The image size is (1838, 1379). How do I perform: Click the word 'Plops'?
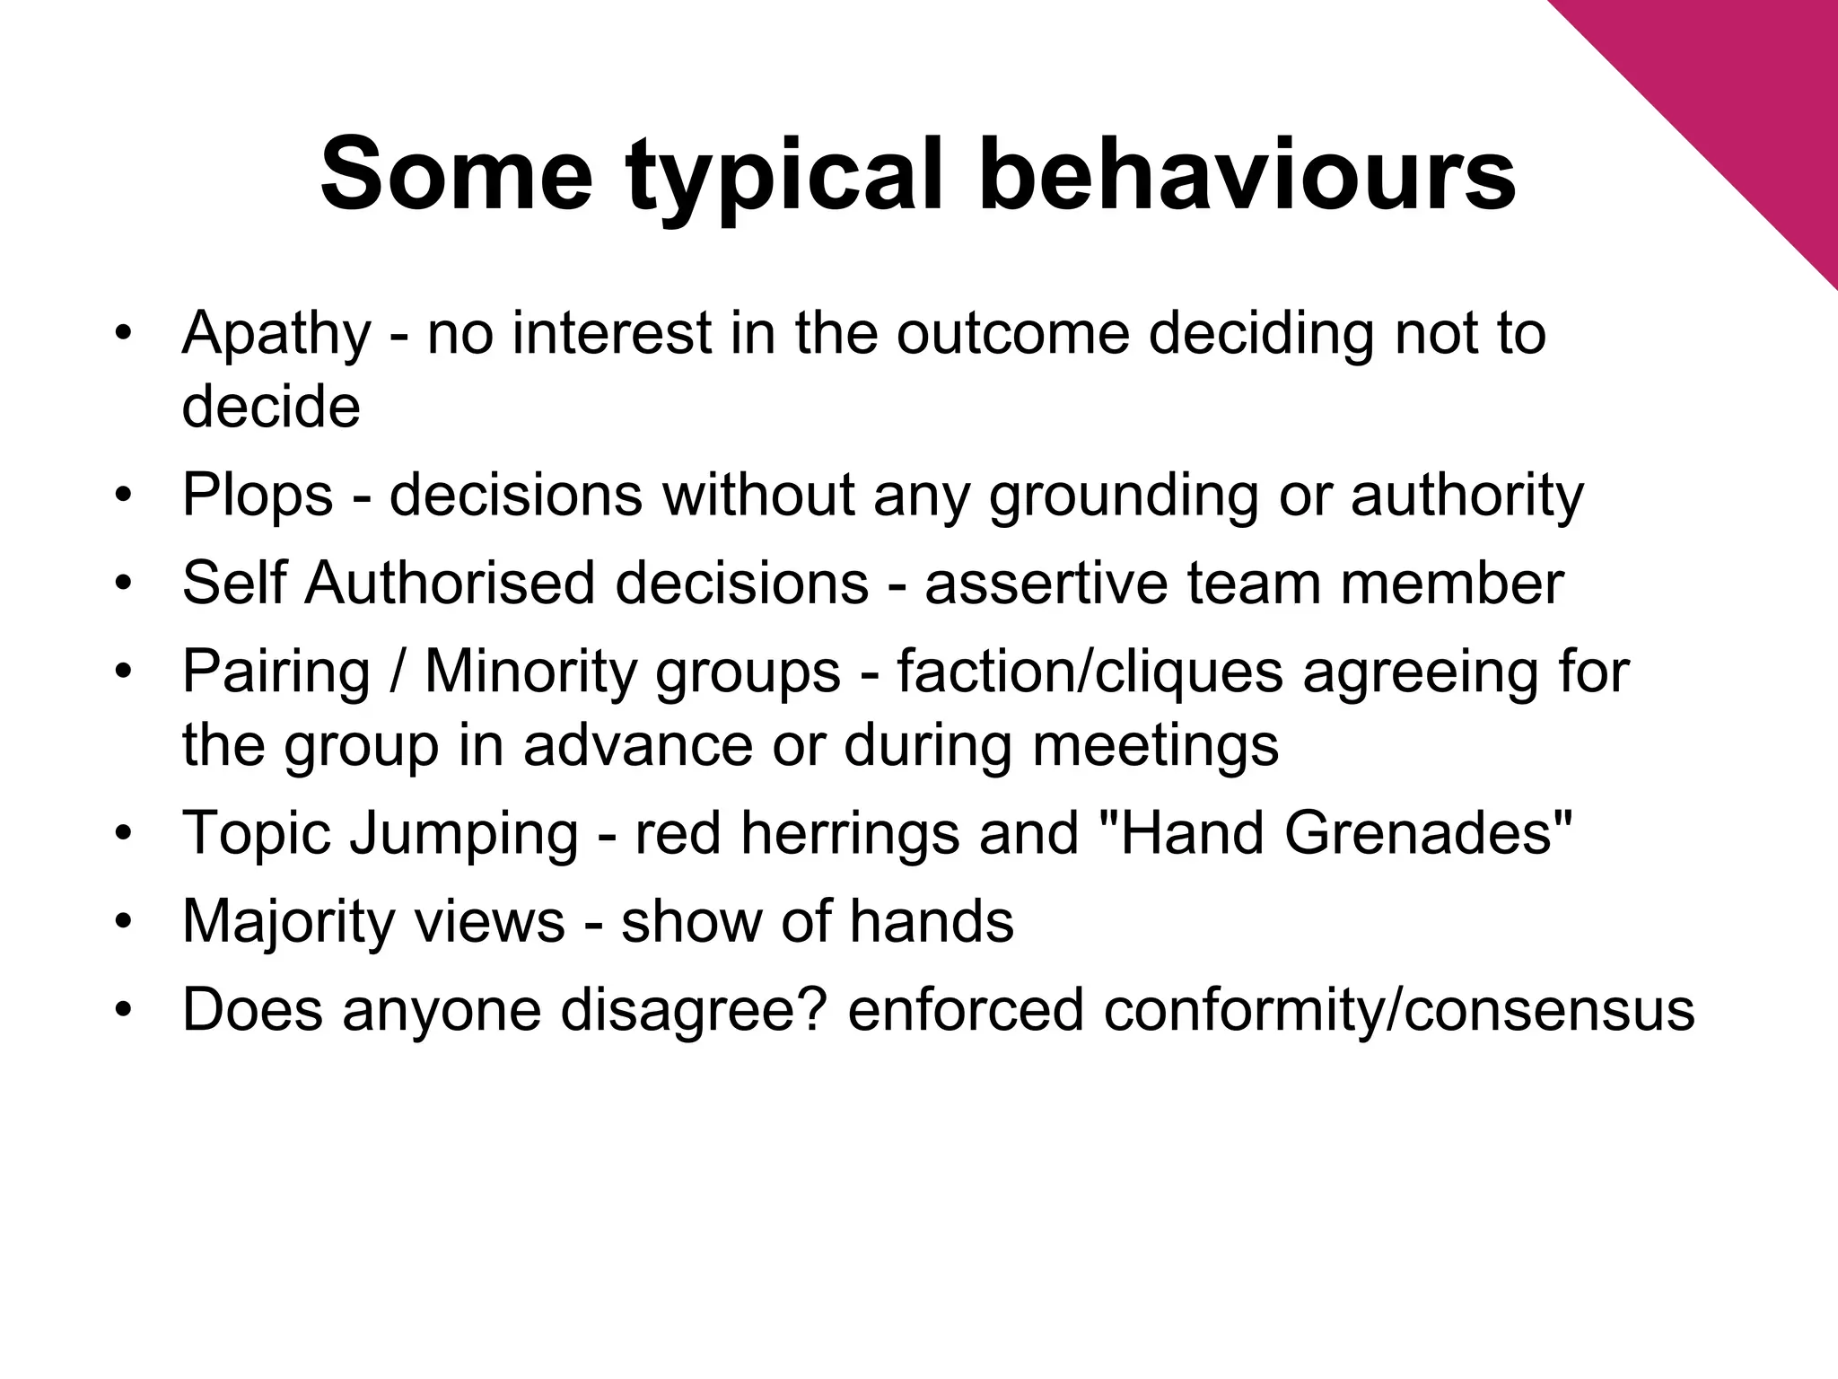pyautogui.click(x=258, y=496)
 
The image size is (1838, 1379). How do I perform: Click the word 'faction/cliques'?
pyautogui.click(x=1090, y=672)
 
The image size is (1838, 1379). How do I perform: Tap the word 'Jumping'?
pyautogui.click(x=464, y=833)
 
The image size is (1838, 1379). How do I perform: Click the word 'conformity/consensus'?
pyautogui.click(x=1399, y=1010)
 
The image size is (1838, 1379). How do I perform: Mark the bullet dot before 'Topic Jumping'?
pyautogui.click(x=124, y=834)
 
